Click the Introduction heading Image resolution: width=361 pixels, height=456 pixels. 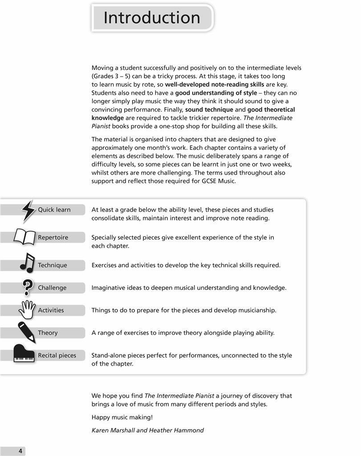[x=152, y=18]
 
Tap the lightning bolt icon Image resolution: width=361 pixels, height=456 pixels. [x=28, y=211]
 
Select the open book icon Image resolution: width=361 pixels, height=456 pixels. [x=24, y=236]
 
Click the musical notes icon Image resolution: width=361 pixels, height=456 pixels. [x=27, y=263]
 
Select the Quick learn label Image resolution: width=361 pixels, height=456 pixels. [x=54, y=210]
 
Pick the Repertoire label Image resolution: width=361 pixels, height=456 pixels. [x=53, y=237]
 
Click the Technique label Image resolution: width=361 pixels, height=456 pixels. [x=53, y=265]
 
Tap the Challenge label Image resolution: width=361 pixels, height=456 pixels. [x=52, y=288]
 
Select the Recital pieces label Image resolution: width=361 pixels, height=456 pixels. [x=57, y=355]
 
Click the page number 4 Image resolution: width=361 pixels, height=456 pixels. [x=20, y=451]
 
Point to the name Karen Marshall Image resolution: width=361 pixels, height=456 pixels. [x=112, y=430]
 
